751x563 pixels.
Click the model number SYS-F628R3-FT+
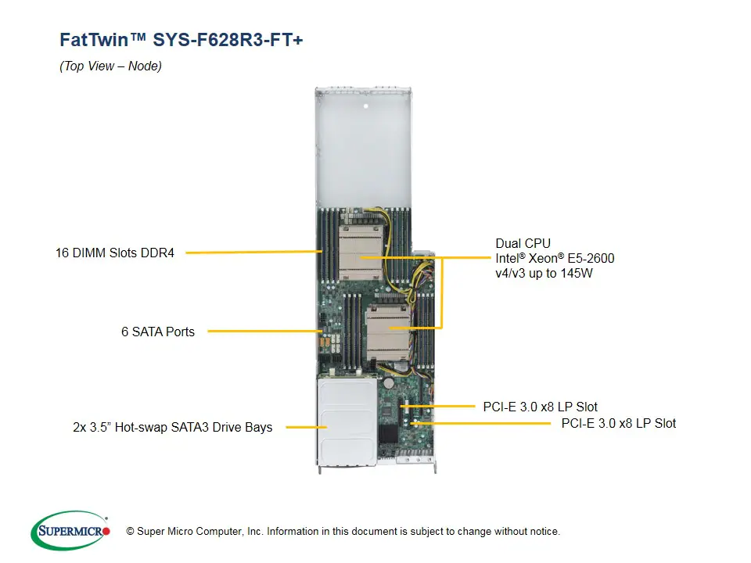coord(228,40)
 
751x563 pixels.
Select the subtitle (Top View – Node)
coord(110,66)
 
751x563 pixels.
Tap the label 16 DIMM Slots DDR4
coord(115,253)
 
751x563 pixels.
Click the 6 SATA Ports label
coord(158,332)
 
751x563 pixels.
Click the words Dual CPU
coord(523,243)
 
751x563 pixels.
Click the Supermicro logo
coord(70,531)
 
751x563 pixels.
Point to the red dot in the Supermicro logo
coord(106,532)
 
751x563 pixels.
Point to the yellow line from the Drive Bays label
coord(305,427)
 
